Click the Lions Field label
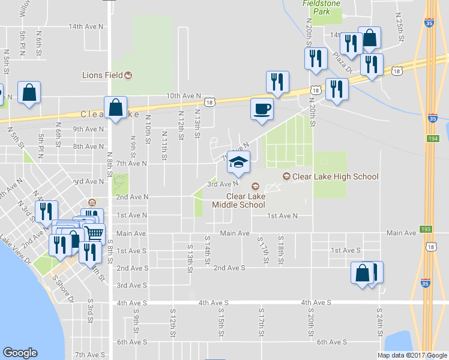(102, 75)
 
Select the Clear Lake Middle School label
(238, 200)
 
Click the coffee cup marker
(261, 109)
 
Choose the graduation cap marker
(238, 161)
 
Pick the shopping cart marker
(93, 232)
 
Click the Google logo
(20, 353)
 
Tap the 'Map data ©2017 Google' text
(412, 355)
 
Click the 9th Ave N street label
(89, 129)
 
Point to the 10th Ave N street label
(183, 95)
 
